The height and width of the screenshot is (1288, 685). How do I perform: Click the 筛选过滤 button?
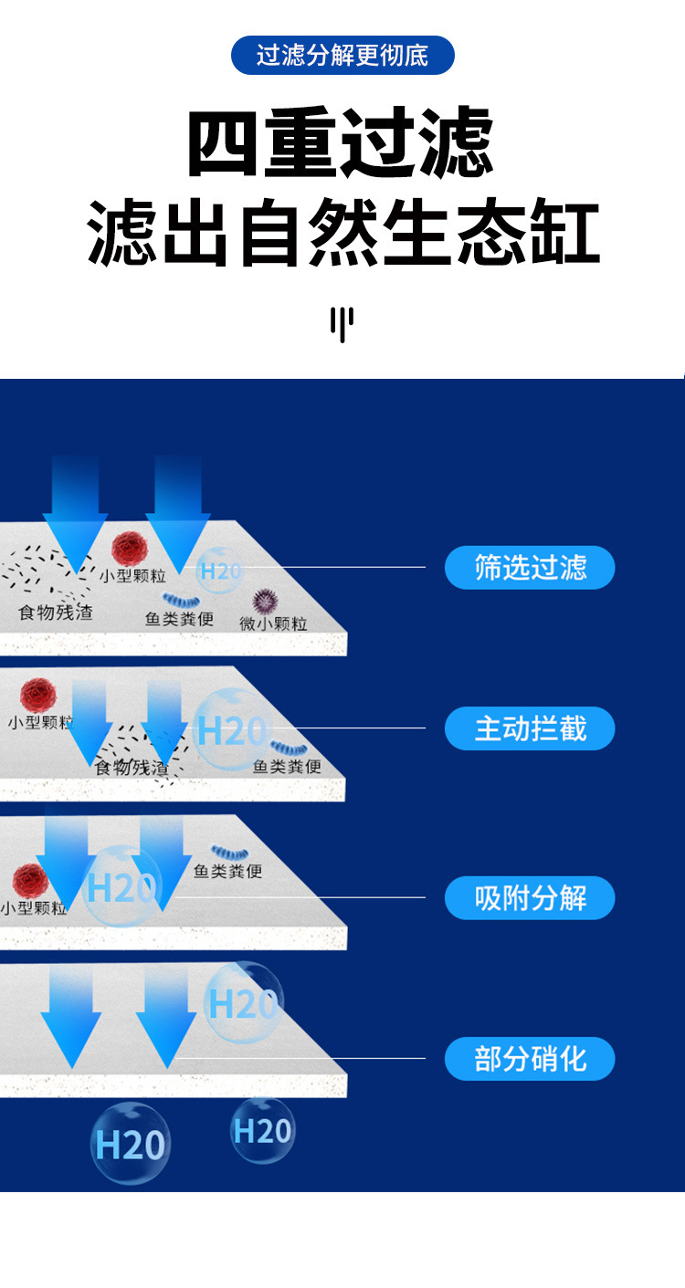pyautogui.click(x=530, y=568)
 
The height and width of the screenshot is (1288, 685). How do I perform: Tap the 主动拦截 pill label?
pyautogui.click(x=530, y=728)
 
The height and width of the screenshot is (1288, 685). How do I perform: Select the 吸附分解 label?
pyautogui.click(x=530, y=898)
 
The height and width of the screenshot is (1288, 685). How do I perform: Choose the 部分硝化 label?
pyautogui.click(x=530, y=1059)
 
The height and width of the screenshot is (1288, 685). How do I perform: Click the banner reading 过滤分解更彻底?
pyautogui.click(x=342, y=56)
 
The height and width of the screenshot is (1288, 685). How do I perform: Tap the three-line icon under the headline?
pyautogui.click(x=342, y=325)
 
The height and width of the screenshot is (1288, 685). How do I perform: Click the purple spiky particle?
pyautogui.click(x=265, y=601)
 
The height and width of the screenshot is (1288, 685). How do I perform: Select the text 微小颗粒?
pyautogui.click(x=273, y=623)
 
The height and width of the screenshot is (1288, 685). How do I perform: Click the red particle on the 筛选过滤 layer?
pyautogui.click(x=130, y=548)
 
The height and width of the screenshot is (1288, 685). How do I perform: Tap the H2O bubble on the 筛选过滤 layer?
pyautogui.click(x=219, y=571)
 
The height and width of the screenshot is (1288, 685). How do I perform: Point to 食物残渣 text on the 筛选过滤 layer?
pyautogui.click(x=56, y=612)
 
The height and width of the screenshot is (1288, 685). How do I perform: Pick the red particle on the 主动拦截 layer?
pyautogui.click(x=37, y=694)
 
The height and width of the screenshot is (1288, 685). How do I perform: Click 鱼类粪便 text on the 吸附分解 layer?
pyautogui.click(x=227, y=871)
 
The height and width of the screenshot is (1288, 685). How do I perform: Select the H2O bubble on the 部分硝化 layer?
pyautogui.click(x=242, y=1002)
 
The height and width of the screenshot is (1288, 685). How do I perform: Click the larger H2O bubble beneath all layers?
pyautogui.click(x=131, y=1144)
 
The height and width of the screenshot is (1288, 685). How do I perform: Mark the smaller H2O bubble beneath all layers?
pyautogui.click(x=262, y=1130)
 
